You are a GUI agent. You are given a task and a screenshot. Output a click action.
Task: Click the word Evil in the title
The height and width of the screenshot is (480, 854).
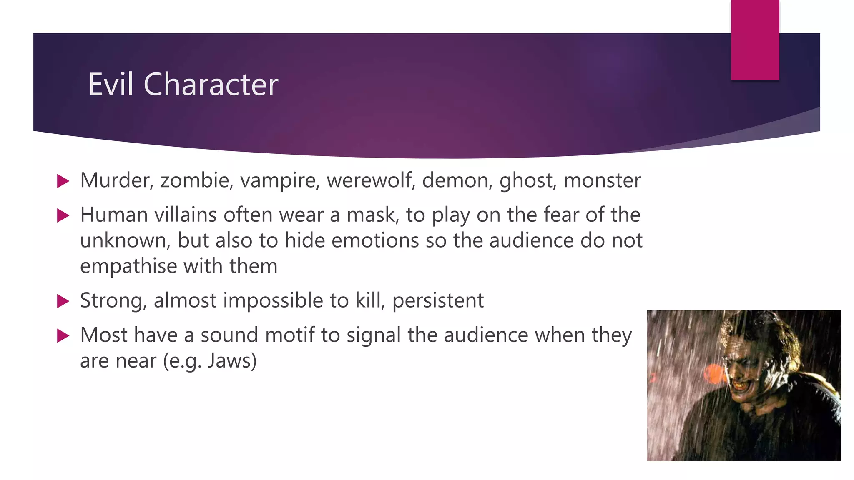pos(111,85)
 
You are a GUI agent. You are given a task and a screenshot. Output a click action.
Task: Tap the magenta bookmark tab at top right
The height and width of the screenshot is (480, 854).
pos(755,40)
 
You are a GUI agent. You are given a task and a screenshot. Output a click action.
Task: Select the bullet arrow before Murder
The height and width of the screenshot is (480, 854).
pos(63,181)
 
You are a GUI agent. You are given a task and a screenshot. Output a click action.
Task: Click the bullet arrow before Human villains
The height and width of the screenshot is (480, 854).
pos(63,215)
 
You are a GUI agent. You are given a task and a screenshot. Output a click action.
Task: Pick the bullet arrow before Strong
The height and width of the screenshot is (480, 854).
pos(63,301)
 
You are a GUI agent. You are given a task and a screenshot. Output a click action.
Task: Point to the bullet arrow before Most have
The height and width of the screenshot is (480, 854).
pos(63,335)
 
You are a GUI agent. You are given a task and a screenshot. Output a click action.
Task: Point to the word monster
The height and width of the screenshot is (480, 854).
pos(602,180)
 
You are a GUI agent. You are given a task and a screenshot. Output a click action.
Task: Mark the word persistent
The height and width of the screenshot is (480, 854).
pos(438,301)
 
